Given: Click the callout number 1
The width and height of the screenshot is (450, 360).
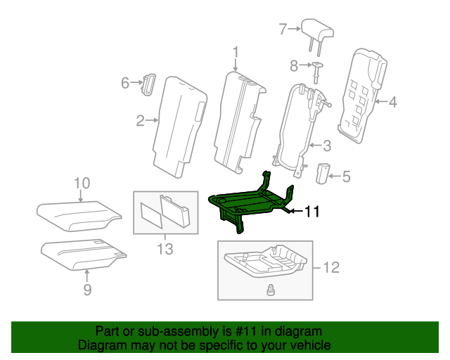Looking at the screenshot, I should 236,52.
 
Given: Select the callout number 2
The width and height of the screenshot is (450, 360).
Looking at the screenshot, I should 141,121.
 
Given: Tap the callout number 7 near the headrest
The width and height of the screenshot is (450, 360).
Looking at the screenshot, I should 283,29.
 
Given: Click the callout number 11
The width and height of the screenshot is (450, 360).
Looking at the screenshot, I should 311,210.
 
